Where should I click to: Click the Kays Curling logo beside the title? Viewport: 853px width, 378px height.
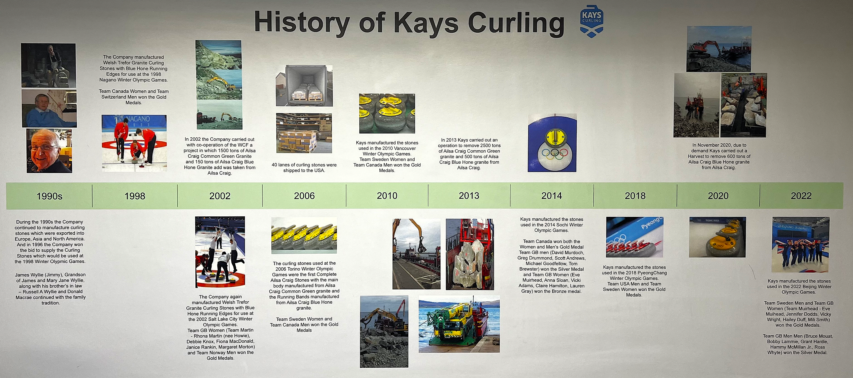click(x=591, y=21)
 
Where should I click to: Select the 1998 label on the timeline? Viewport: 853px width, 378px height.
click(x=135, y=196)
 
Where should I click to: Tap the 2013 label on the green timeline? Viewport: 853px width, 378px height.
click(x=469, y=196)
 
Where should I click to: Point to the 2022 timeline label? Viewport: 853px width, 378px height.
click(x=801, y=196)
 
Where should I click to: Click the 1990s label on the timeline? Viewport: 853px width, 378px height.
click(x=49, y=196)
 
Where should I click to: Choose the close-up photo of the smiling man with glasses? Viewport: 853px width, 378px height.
click(x=49, y=151)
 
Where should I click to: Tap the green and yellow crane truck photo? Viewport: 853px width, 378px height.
click(x=459, y=324)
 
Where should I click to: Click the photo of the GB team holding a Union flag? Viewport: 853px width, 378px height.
click(x=801, y=245)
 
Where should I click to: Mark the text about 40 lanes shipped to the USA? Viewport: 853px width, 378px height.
click(x=304, y=168)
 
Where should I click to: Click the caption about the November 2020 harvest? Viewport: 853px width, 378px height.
click(x=719, y=156)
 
